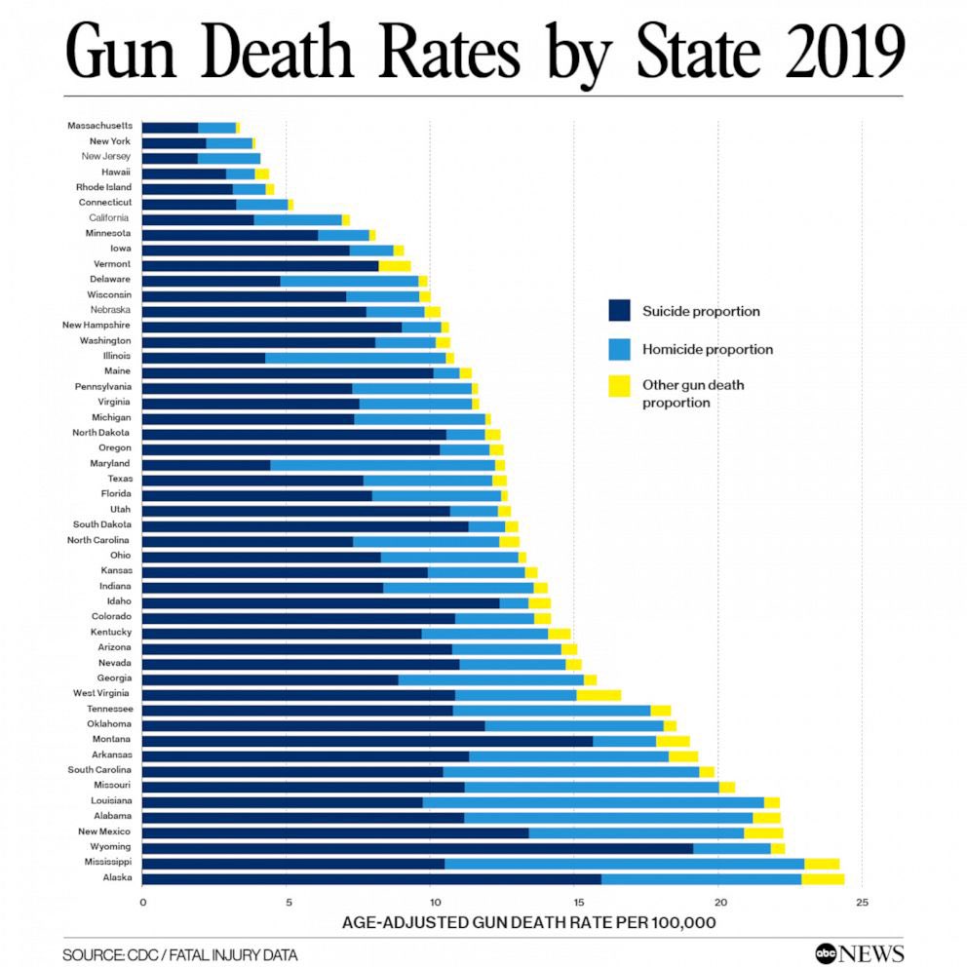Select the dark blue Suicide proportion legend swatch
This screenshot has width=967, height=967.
click(x=620, y=311)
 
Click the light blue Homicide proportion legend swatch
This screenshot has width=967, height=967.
click(x=620, y=349)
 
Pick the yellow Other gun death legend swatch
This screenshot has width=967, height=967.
click(x=620, y=386)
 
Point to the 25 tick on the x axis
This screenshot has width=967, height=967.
click(x=862, y=903)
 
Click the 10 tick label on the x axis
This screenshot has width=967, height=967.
click(x=431, y=903)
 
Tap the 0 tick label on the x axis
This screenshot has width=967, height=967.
click(x=143, y=903)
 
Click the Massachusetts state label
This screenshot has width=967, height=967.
click(x=99, y=126)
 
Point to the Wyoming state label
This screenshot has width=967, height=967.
click(x=111, y=847)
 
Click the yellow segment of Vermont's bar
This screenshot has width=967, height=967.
click(x=394, y=265)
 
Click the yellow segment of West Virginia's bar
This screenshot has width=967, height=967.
click(x=599, y=694)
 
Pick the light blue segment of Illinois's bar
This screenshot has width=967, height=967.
click(x=355, y=357)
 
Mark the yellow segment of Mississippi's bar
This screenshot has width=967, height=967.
click(x=822, y=864)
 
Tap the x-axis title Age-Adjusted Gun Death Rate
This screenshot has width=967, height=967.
click(x=528, y=922)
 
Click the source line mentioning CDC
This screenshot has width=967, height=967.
click(x=180, y=955)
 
